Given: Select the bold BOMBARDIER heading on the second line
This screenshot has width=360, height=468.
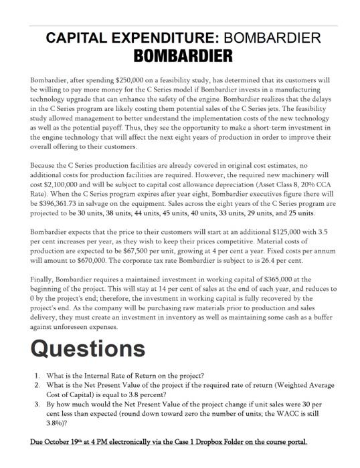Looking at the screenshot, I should point(179,53).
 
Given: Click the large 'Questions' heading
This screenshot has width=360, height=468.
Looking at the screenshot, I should point(88,348).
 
